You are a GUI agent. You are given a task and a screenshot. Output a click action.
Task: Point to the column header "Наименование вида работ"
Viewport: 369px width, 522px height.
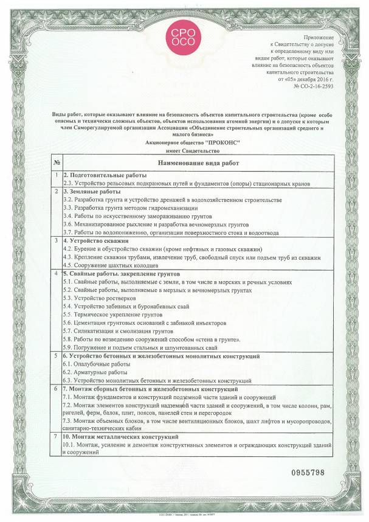(x=198, y=163)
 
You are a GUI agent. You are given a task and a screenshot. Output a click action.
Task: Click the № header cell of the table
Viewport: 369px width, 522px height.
(x=56, y=163)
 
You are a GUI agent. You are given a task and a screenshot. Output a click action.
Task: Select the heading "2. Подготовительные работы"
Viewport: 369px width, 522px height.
(x=101, y=175)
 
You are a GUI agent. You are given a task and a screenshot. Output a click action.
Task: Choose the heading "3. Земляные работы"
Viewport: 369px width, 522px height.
(x=91, y=192)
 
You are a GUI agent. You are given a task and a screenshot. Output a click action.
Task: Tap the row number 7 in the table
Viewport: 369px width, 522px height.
(x=56, y=437)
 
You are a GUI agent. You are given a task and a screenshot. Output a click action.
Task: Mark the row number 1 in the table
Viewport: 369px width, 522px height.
(x=56, y=175)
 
